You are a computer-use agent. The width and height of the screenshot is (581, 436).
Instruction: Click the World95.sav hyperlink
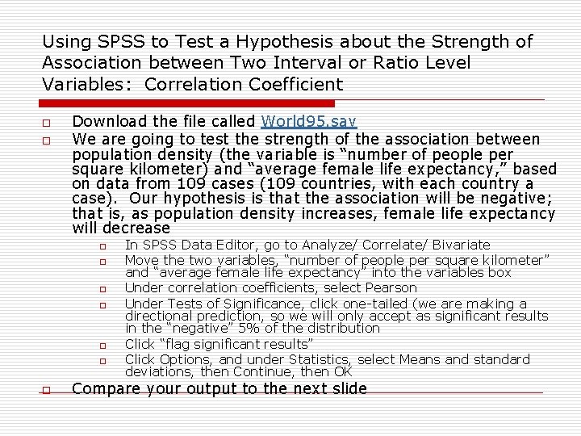(x=309, y=122)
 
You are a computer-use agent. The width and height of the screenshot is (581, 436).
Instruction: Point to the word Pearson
(x=391, y=288)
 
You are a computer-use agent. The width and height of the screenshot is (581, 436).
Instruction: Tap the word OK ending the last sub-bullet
(x=343, y=371)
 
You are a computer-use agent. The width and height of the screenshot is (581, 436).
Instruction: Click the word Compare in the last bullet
(x=105, y=389)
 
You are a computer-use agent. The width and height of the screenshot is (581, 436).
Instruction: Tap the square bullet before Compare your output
(x=47, y=391)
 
